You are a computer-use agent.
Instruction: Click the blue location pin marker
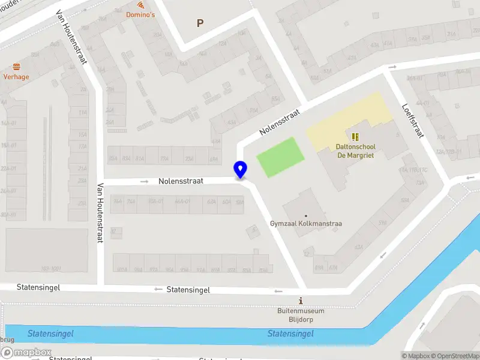241,170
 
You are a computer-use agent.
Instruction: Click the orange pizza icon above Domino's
132,5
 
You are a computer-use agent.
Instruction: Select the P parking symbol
200,23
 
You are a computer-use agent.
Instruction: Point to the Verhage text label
16,77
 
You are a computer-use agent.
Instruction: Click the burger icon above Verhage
16,67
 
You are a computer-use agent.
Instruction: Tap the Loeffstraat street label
413,120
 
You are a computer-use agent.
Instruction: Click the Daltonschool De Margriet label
355,151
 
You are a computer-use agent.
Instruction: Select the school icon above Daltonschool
355,137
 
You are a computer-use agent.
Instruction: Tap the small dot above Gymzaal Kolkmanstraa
305,215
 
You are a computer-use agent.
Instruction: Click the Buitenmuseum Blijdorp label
301,315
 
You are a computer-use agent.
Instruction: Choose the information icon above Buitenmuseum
301,301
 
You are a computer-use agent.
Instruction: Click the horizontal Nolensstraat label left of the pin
181,181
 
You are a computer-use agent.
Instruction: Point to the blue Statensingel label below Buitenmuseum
290,334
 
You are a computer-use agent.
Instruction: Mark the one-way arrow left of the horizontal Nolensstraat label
144,181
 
